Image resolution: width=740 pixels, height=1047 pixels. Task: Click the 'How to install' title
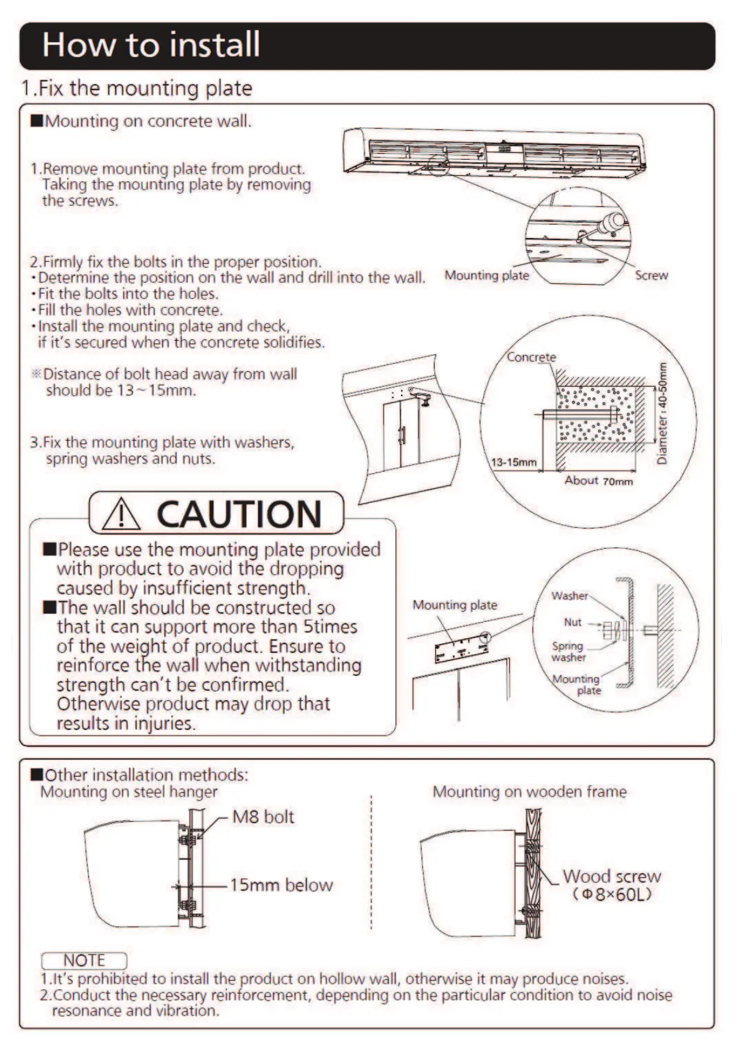[151, 45]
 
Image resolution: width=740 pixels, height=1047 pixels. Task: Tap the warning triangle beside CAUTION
[121, 514]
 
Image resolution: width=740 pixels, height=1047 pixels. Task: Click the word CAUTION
[239, 514]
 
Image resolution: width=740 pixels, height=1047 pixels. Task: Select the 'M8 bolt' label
[263, 816]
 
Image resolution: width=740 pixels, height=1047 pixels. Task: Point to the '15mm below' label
[281, 885]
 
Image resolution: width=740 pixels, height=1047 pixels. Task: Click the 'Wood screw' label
[611, 877]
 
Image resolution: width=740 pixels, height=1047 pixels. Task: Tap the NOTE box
[84, 961]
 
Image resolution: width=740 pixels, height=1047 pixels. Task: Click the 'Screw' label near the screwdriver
[651, 275]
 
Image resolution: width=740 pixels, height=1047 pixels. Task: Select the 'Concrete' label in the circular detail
[531, 357]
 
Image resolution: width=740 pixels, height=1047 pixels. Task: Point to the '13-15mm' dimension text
[513, 462]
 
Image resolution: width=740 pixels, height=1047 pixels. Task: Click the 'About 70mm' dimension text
[598, 481]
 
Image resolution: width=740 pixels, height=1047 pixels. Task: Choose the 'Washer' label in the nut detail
[569, 596]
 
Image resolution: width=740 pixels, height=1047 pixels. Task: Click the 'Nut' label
[573, 622]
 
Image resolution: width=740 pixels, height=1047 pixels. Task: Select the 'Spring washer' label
[568, 652]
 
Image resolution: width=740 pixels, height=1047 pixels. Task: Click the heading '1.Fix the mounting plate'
[137, 88]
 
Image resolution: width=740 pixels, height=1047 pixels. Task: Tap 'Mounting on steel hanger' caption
[129, 792]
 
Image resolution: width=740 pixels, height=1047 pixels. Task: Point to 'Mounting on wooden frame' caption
[529, 792]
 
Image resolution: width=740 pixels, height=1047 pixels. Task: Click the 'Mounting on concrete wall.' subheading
[147, 121]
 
